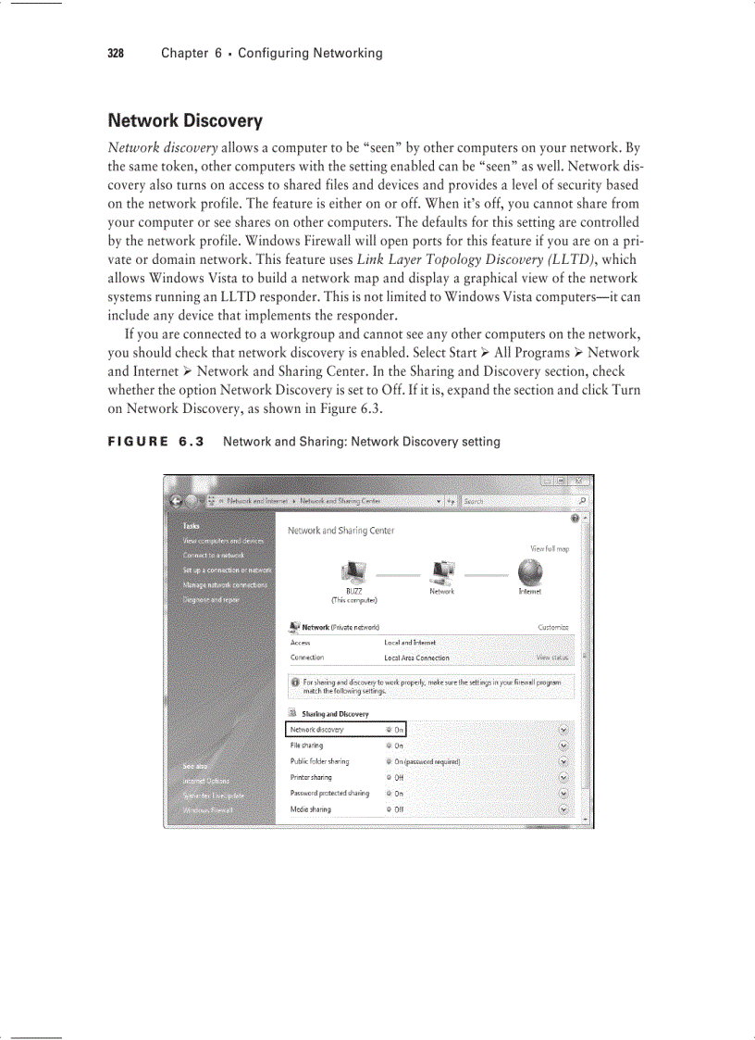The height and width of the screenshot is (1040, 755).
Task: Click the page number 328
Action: [116, 54]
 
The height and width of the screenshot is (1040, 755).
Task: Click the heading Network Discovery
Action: [185, 121]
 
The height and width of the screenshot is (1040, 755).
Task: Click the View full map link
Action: [549, 549]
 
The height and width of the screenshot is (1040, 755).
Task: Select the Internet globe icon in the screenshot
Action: [530, 571]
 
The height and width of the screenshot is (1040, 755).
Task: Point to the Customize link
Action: [552, 627]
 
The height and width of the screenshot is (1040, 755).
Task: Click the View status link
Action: [552, 658]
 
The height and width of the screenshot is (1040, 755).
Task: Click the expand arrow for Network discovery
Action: [563, 730]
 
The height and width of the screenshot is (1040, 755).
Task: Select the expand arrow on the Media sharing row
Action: [563, 809]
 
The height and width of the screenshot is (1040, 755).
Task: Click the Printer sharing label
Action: [311, 778]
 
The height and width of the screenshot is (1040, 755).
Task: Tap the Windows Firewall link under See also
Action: [208, 810]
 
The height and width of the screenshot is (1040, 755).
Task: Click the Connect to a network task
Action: [213, 555]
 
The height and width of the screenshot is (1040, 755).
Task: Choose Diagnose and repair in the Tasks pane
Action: [211, 600]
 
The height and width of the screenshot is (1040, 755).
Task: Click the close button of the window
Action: [579, 482]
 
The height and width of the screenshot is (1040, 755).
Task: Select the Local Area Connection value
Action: [416, 658]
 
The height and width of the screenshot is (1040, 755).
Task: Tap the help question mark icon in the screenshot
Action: [575, 519]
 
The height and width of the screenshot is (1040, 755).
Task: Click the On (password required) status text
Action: [427, 762]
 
